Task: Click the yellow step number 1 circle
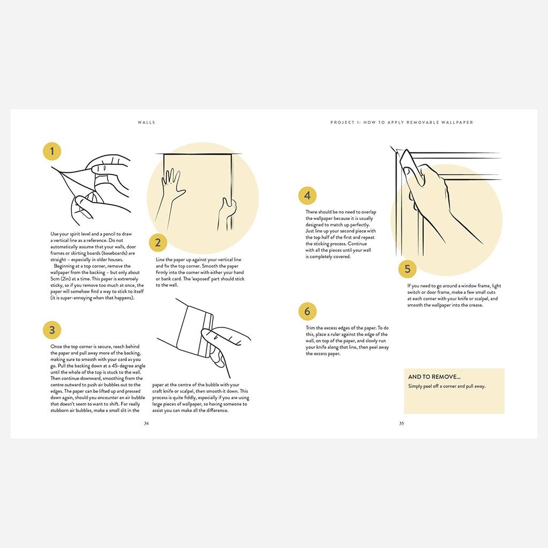pyautogui.click(x=52, y=151)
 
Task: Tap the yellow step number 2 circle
pyautogui.click(x=157, y=243)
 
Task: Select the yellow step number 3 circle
pyautogui.click(x=52, y=330)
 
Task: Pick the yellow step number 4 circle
pyautogui.click(x=307, y=196)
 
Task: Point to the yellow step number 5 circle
pyautogui.click(x=407, y=269)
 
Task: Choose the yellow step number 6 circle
pyautogui.click(x=307, y=311)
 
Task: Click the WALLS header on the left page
pyautogui.click(x=147, y=123)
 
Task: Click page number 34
pyautogui.click(x=146, y=423)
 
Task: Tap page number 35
pyautogui.click(x=401, y=423)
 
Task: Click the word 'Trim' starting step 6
pyautogui.click(x=310, y=328)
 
